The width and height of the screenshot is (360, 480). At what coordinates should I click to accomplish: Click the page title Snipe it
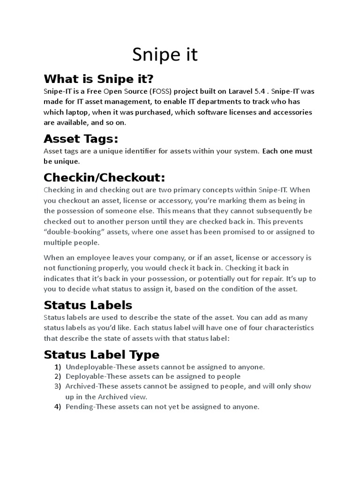[x=165, y=55]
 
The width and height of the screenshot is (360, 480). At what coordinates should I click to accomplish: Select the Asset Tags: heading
[x=81, y=139]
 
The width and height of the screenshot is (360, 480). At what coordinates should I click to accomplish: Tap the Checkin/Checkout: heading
[x=105, y=178]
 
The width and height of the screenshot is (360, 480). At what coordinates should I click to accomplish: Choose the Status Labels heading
[x=88, y=305]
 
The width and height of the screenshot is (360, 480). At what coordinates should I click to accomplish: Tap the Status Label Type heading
[x=101, y=354]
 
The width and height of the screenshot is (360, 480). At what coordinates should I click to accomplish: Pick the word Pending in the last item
[x=79, y=406]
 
